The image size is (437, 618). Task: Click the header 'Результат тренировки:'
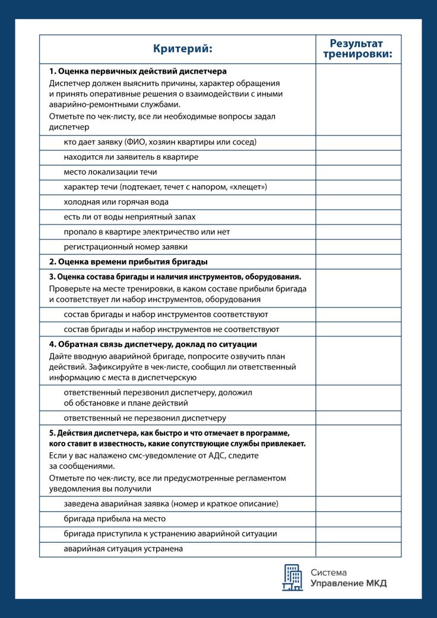[x=357, y=49]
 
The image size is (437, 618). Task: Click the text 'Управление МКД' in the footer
[x=349, y=584]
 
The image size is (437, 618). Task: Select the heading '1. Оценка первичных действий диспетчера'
[x=138, y=71]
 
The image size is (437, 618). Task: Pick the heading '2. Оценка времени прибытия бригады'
[x=128, y=262]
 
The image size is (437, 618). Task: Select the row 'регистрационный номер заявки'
[x=125, y=246]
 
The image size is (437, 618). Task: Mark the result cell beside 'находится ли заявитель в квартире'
[x=357, y=157]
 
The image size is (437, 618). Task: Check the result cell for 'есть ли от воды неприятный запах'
[x=357, y=217]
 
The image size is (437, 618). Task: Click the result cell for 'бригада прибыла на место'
[x=357, y=519]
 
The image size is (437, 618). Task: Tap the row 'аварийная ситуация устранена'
[x=123, y=549]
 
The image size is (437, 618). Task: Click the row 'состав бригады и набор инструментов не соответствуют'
[x=171, y=329]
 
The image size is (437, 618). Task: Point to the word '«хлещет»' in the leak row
[x=249, y=187]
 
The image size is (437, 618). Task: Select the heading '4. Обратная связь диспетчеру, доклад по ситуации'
[x=153, y=344]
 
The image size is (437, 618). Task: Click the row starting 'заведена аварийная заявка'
[x=171, y=504]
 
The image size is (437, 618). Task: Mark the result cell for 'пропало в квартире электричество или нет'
[x=357, y=232]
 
